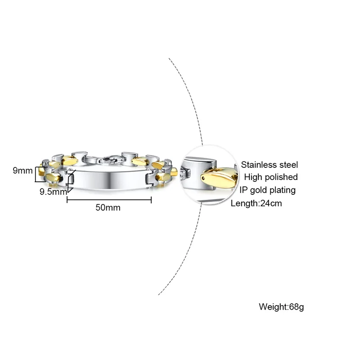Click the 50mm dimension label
(x=108, y=207)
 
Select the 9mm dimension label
(x=22, y=171)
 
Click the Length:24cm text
(x=256, y=203)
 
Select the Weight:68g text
(x=281, y=307)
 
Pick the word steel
(x=288, y=165)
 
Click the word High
(x=253, y=177)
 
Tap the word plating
(x=283, y=190)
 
